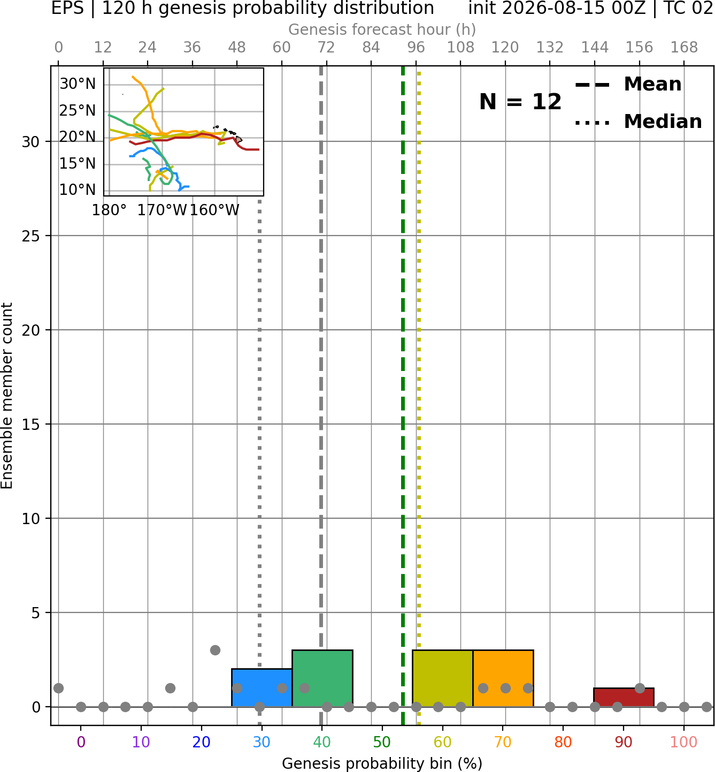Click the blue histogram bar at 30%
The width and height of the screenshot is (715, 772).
(x=262, y=687)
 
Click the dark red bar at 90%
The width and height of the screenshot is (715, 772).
(x=624, y=697)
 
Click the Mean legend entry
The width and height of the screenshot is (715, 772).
(x=628, y=85)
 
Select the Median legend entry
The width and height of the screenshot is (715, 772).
(x=638, y=122)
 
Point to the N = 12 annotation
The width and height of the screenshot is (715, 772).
(x=520, y=102)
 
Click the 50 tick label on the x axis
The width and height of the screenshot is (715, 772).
(x=382, y=743)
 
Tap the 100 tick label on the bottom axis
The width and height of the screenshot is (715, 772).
(x=683, y=743)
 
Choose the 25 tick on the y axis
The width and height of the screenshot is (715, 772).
(x=31, y=236)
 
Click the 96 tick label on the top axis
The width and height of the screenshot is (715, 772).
(x=416, y=48)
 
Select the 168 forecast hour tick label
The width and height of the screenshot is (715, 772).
(x=684, y=48)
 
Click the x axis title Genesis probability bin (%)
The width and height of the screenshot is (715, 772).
(x=382, y=763)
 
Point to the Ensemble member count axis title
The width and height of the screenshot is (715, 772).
(x=6, y=396)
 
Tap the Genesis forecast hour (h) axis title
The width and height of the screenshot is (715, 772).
(x=382, y=29)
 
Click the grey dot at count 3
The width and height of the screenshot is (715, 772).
(x=215, y=650)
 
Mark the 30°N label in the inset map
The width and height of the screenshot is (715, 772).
(x=78, y=84)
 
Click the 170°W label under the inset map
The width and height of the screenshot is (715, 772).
(x=162, y=210)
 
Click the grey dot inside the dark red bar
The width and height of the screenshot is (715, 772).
(x=640, y=688)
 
